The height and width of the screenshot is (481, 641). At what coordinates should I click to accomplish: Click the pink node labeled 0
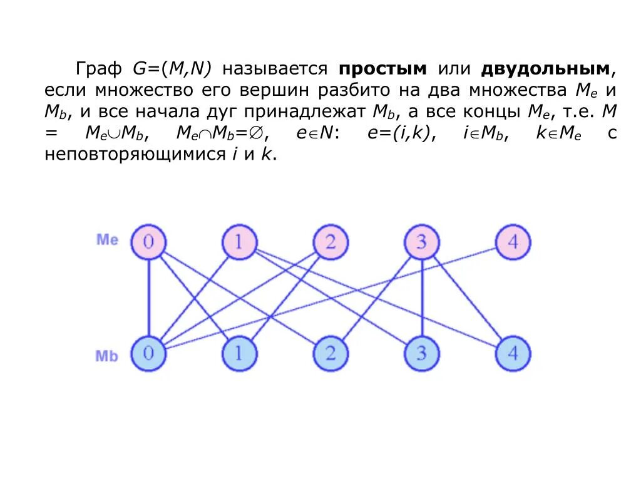click(148, 242)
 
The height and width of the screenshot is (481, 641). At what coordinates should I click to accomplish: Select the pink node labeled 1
click(239, 242)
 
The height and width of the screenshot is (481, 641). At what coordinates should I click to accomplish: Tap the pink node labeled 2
click(331, 242)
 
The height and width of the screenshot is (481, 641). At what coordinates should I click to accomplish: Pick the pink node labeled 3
click(421, 242)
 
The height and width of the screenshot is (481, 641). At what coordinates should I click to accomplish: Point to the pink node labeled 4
click(513, 242)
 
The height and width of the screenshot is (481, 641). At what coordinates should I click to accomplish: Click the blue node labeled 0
click(148, 353)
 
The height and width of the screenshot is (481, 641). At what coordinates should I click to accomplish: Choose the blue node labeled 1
click(239, 353)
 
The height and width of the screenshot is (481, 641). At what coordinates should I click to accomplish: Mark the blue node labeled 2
click(331, 353)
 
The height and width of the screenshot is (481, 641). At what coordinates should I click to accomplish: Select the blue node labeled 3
click(421, 353)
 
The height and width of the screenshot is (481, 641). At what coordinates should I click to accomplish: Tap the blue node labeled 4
click(513, 353)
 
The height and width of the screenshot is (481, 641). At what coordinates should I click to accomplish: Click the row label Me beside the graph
click(107, 239)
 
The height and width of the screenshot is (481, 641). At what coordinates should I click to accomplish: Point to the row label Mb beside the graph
click(107, 356)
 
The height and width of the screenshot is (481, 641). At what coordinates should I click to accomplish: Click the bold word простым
click(383, 68)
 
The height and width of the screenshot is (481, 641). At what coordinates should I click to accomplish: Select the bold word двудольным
click(545, 68)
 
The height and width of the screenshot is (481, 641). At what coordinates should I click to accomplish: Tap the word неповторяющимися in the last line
click(131, 155)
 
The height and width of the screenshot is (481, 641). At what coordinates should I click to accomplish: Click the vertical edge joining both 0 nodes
click(148, 297)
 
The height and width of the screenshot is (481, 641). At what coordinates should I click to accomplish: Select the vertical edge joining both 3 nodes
click(422, 297)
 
